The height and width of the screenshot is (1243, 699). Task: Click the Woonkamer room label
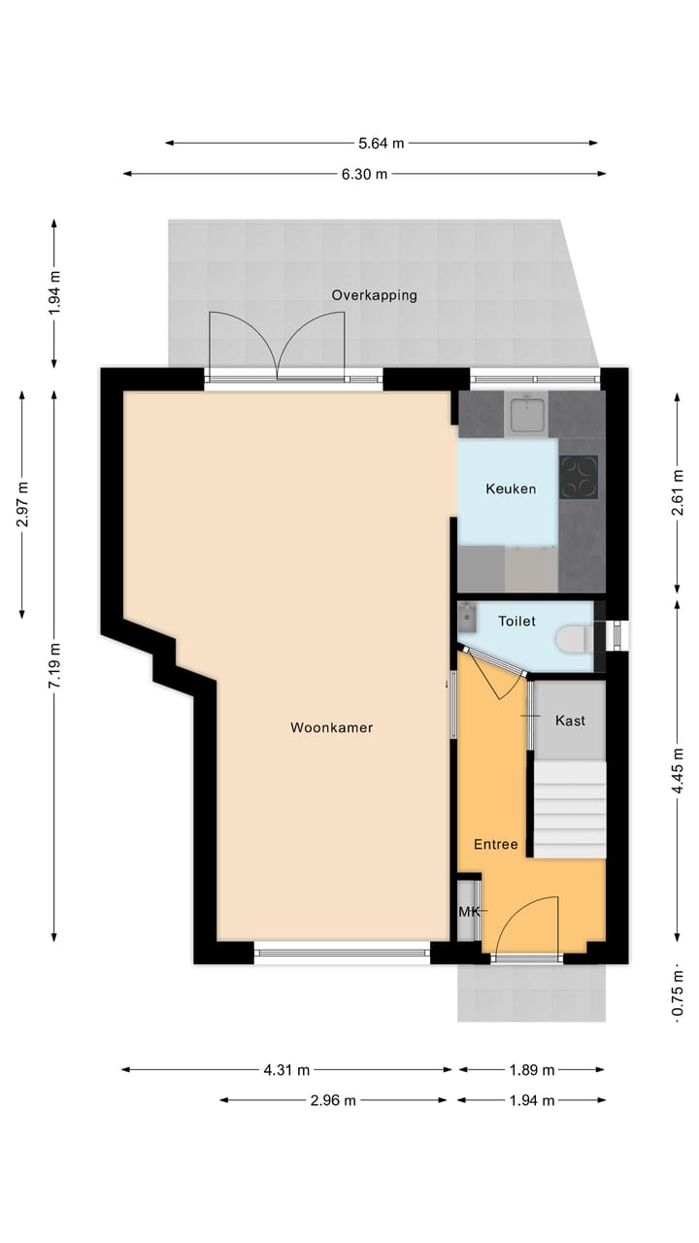[331, 727]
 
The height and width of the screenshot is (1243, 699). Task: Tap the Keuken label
[511, 488]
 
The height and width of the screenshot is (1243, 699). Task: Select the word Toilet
[516, 621]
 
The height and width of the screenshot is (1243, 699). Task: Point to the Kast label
[570, 721]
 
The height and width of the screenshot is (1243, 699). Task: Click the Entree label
[495, 844]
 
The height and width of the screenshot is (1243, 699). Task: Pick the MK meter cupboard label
[469, 911]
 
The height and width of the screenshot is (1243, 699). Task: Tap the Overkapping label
[374, 295]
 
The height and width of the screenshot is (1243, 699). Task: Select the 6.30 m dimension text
[364, 174]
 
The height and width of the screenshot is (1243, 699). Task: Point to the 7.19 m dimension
[54, 666]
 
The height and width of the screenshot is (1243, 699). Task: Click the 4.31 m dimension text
[286, 1070]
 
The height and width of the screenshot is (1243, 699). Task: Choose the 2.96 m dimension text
[332, 1100]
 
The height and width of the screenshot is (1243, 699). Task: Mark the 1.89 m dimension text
[531, 1070]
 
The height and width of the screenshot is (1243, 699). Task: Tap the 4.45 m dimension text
[678, 768]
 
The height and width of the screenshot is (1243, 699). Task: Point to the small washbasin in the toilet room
[469, 615]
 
